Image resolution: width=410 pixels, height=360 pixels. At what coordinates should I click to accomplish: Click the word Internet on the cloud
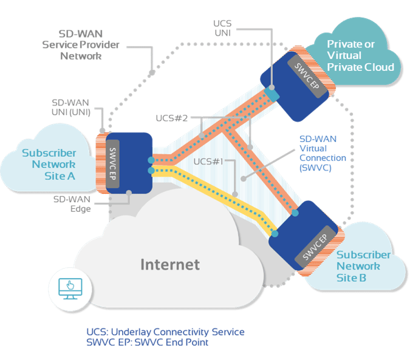coord(170,265)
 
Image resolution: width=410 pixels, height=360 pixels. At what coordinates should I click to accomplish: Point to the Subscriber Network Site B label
coord(358,267)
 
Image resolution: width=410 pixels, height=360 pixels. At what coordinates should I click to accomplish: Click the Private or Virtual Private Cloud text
coord(360,55)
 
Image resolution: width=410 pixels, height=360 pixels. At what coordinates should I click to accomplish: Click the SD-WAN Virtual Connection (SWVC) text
coord(323,152)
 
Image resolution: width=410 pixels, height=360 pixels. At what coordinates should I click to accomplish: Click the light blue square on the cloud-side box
coord(274,95)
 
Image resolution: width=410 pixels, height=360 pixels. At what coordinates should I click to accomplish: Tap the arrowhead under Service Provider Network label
coord(152,71)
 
